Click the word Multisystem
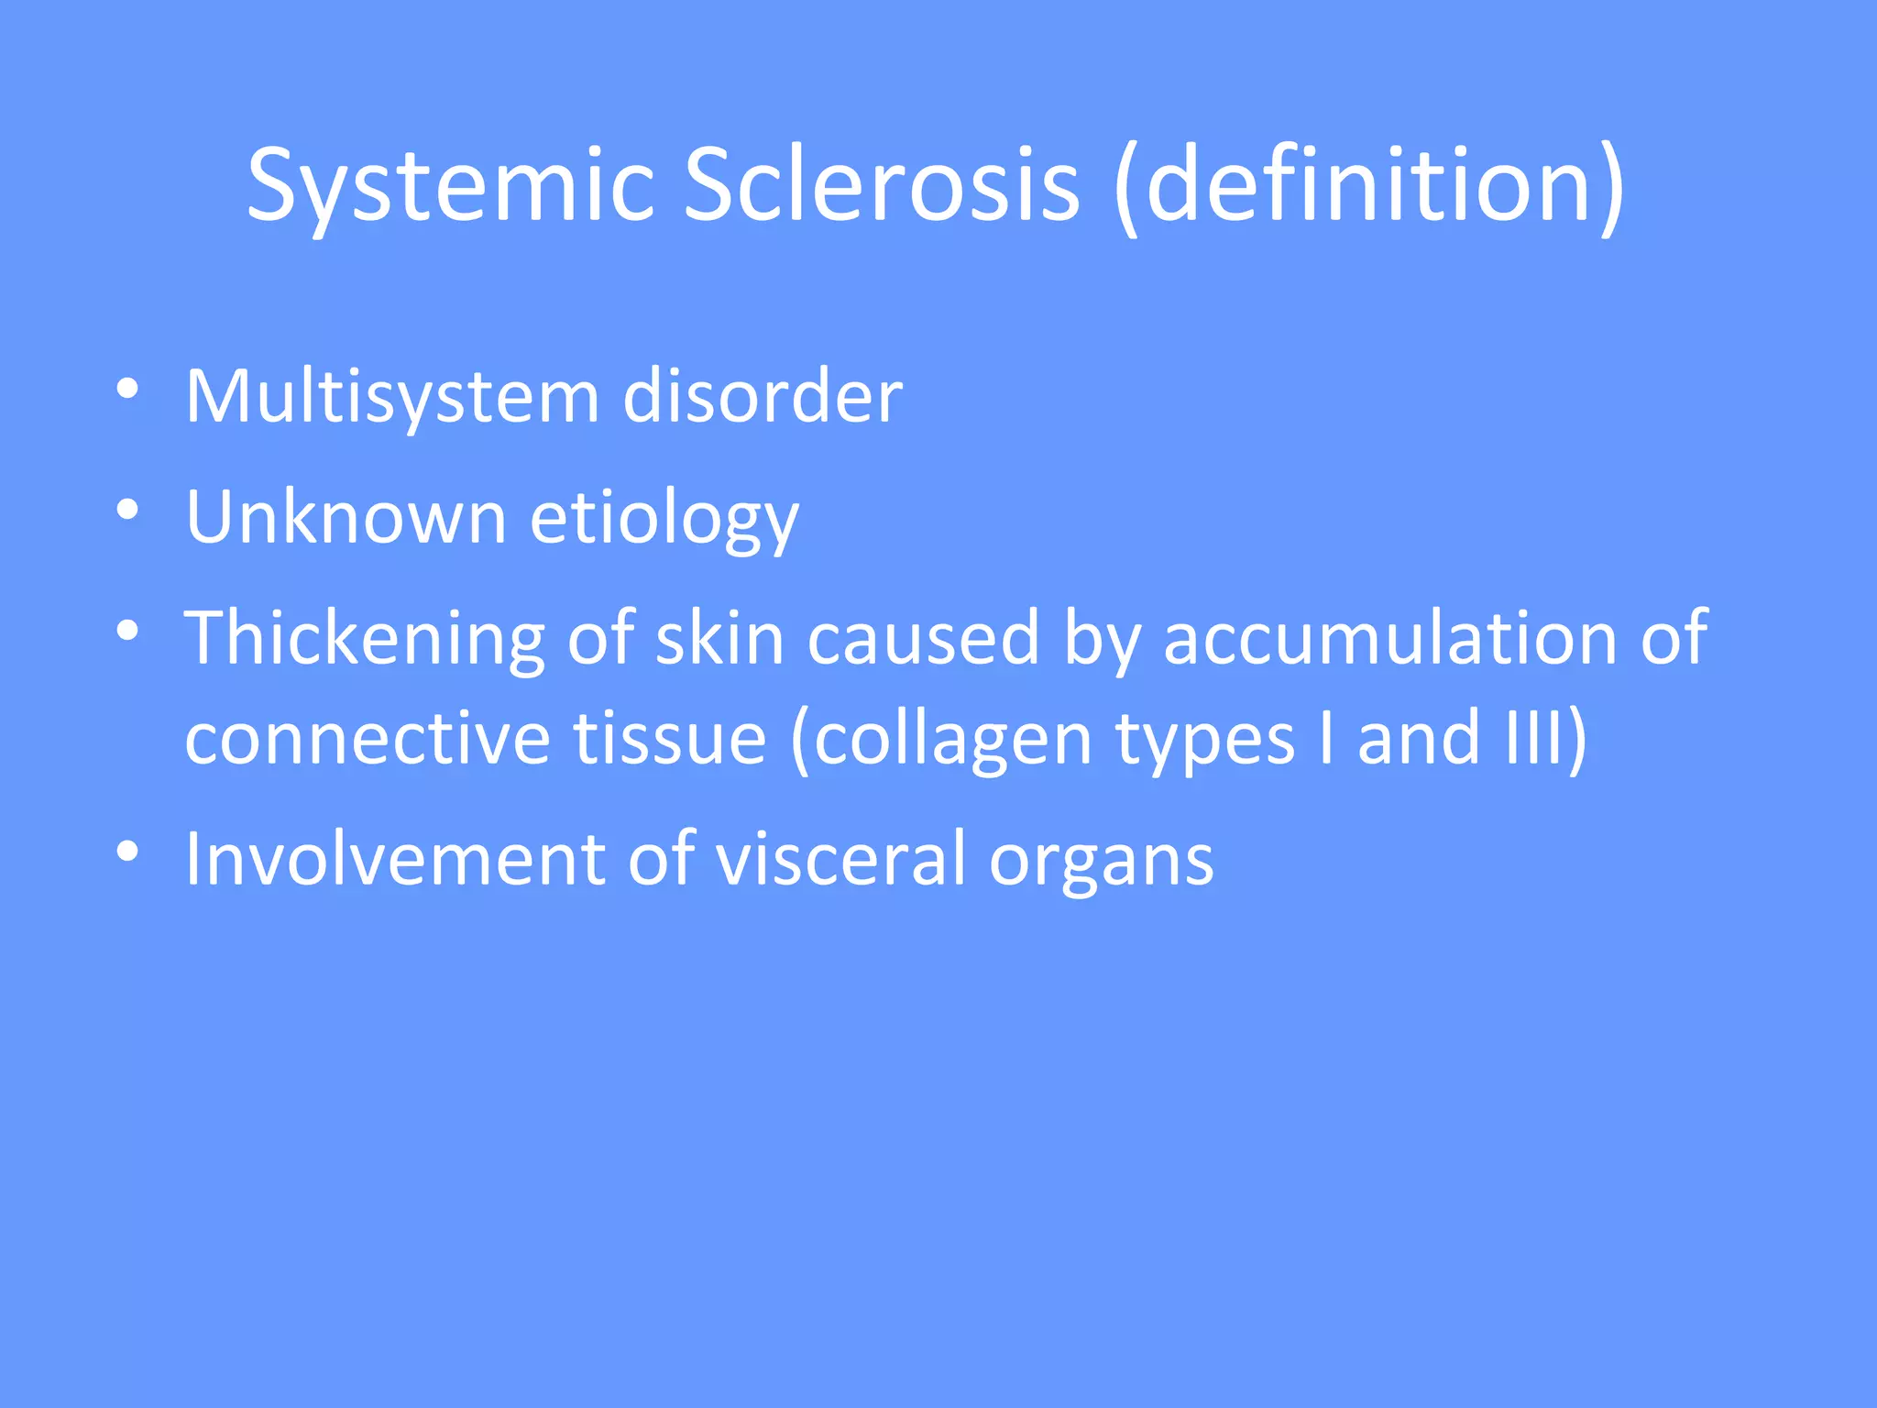coord(392,397)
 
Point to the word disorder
coord(763,397)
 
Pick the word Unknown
coord(346,517)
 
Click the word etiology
coord(664,519)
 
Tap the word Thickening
coord(365,639)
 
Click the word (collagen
coord(941,739)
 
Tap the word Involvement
coord(395,859)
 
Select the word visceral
coord(840,859)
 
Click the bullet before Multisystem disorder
coord(127,390)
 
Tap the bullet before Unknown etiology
coord(127,510)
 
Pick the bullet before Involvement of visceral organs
coord(127,852)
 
